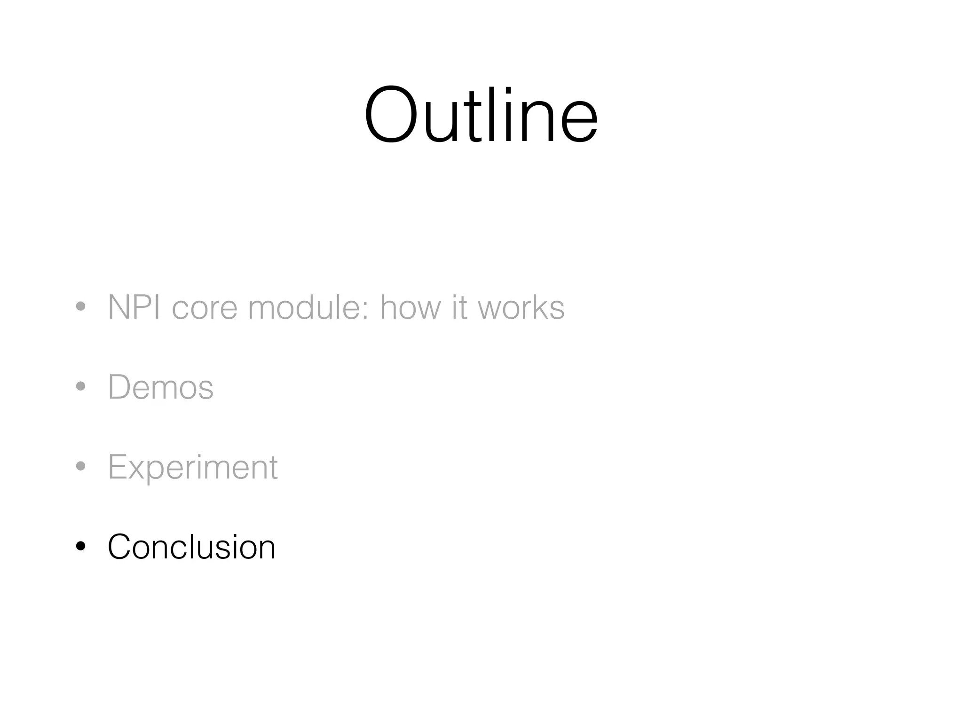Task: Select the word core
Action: pyautogui.click(x=205, y=308)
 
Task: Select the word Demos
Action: pyautogui.click(x=161, y=387)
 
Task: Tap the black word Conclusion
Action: pyautogui.click(x=191, y=547)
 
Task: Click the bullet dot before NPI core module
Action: pyautogui.click(x=81, y=307)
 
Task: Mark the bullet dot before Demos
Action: pyautogui.click(x=81, y=386)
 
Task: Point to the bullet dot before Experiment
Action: pyautogui.click(x=81, y=466)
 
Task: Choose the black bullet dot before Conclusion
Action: pyautogui.click(x=81, y=546)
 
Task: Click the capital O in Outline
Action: pyautogui.click(x=391, y=115)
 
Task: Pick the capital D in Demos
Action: pyautogui.click(x=120, y=387)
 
